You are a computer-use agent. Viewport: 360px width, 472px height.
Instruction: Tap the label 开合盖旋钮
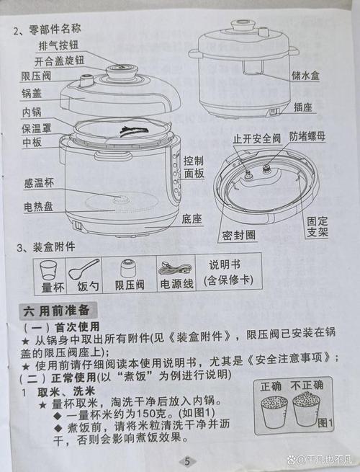(x=64, y=61)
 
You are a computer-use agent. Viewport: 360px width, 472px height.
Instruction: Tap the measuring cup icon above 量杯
(x=49, y=270)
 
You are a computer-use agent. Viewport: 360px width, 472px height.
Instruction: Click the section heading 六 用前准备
(x=57, y=311)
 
